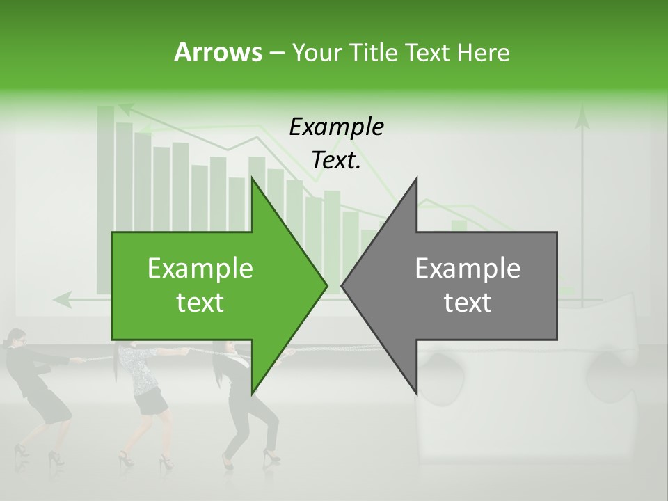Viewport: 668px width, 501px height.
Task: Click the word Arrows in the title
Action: coord(218,52)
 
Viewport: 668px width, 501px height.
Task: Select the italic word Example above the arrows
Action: coord(336,127)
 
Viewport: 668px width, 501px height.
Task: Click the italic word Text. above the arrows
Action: coord(336,161)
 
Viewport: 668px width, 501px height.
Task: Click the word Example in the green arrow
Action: coord(200,269)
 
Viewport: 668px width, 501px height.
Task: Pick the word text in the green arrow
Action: coord(200,303)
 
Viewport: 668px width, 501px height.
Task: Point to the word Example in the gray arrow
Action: coord(468,269)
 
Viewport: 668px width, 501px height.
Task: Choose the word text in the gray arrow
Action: coord(468,303)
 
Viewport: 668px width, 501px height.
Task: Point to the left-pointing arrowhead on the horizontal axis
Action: coord(62,300)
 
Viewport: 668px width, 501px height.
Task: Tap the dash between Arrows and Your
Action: coord(276,53)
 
